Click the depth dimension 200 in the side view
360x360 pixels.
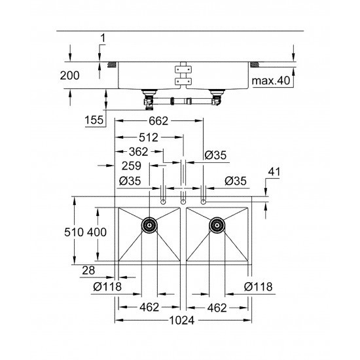[x=69, y=76]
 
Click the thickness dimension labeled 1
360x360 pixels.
[x=102, y=39]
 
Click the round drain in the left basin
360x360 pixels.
[x=150, y=226]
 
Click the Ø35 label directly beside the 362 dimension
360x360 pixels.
[x=215, y=155]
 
